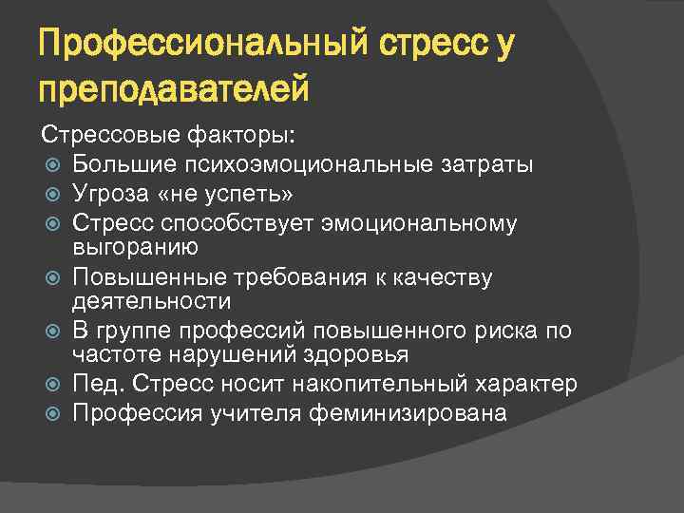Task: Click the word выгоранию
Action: [135, 247]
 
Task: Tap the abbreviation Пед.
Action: [96, 385]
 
